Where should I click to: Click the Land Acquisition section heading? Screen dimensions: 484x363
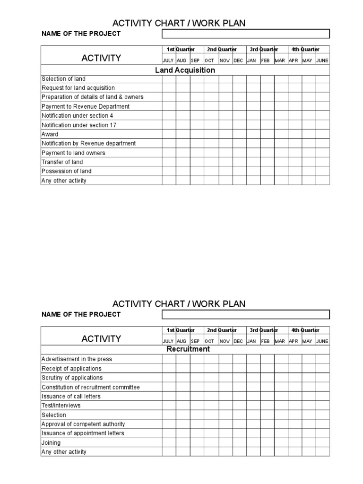(185, 70)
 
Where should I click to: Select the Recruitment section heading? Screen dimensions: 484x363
(188, 349)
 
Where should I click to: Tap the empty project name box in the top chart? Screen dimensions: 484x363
(246, 34)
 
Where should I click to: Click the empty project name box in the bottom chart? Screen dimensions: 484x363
(246, 314)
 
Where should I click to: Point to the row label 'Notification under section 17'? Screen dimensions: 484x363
(79, 125)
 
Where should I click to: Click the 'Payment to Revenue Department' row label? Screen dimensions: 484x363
(86, 106)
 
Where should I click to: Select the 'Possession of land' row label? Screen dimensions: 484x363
(67, 171)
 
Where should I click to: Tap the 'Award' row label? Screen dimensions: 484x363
(50, 134)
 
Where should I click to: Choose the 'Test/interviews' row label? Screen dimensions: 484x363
(61, 406)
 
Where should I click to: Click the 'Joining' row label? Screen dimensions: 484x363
(51, 443)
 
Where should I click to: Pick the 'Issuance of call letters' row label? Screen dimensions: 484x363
(71, 397)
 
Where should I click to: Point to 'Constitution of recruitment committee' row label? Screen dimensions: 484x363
(91, 387)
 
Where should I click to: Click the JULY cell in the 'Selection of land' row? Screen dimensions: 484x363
(169, 79)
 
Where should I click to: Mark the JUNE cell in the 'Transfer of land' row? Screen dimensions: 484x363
(323, 162)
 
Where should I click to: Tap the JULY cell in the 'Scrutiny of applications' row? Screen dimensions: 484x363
(169, 378)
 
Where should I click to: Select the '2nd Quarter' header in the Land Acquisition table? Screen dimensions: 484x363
(222, 50)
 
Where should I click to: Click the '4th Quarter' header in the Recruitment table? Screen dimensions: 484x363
(305, 330)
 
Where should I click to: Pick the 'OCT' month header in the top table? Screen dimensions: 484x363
(209, 61)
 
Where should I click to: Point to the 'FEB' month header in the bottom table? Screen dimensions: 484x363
(265, 341)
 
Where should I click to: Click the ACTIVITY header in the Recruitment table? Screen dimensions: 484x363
(101, 338)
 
